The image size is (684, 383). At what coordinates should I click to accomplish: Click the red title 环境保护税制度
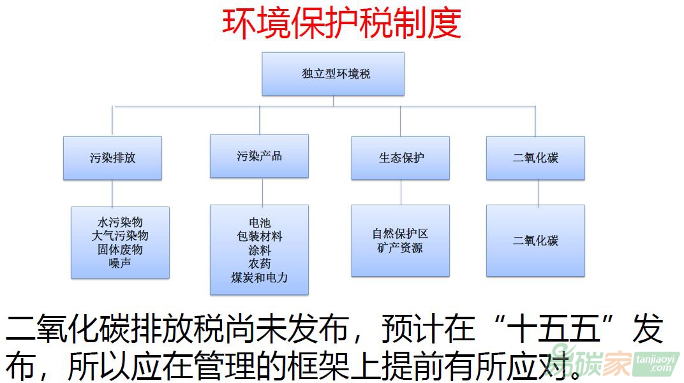coord(341,24)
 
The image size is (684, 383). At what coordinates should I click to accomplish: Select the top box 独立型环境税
coord(332,74)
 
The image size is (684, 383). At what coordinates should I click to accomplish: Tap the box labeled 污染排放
coord(112,158)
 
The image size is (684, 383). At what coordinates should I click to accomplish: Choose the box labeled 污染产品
coord(259,156)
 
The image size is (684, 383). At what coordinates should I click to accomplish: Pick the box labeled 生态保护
coord(400,158)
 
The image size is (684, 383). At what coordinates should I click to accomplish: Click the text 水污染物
coord(120,222)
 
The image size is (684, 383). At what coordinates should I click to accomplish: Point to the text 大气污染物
coord(120,236)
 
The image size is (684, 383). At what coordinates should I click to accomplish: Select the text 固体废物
coord(120,249)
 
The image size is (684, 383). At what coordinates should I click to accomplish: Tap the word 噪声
coord(120,263)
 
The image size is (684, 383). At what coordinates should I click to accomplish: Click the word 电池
coord(259,223)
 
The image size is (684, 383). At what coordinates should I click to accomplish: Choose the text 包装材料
coord(259,236)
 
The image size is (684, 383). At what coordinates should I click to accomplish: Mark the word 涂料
coord(259,250)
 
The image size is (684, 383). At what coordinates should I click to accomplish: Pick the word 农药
coord(259,263)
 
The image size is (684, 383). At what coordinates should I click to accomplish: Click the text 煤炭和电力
coord(259,277)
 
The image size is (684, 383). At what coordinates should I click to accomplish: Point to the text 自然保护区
coord(400,234)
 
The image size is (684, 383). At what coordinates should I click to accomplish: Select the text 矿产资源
coord(400,248)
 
